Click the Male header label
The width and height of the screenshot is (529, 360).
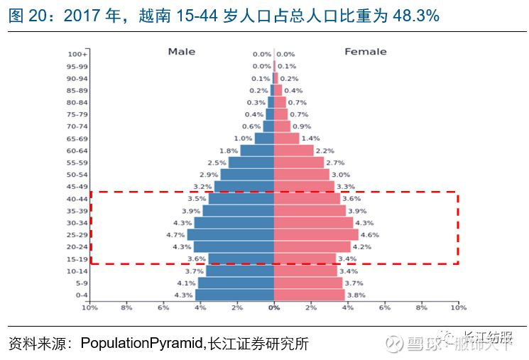pos(181,52)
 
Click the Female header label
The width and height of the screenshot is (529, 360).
pos(366,52)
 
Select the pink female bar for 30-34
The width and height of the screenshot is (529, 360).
pos(313,222)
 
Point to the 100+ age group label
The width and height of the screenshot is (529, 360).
pos(77,54)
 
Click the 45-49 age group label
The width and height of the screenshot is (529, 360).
pos(77,187)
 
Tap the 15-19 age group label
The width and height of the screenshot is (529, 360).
pos(77,259)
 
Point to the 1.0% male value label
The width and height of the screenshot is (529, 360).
pos(243,138)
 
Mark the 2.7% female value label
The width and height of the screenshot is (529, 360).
pos(335,163)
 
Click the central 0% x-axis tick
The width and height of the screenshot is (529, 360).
pos(274,307)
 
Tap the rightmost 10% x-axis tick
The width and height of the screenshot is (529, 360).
pos(458,307)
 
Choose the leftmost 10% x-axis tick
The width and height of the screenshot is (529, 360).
pos(89,307)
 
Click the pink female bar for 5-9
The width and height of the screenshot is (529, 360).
pos(308,283)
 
